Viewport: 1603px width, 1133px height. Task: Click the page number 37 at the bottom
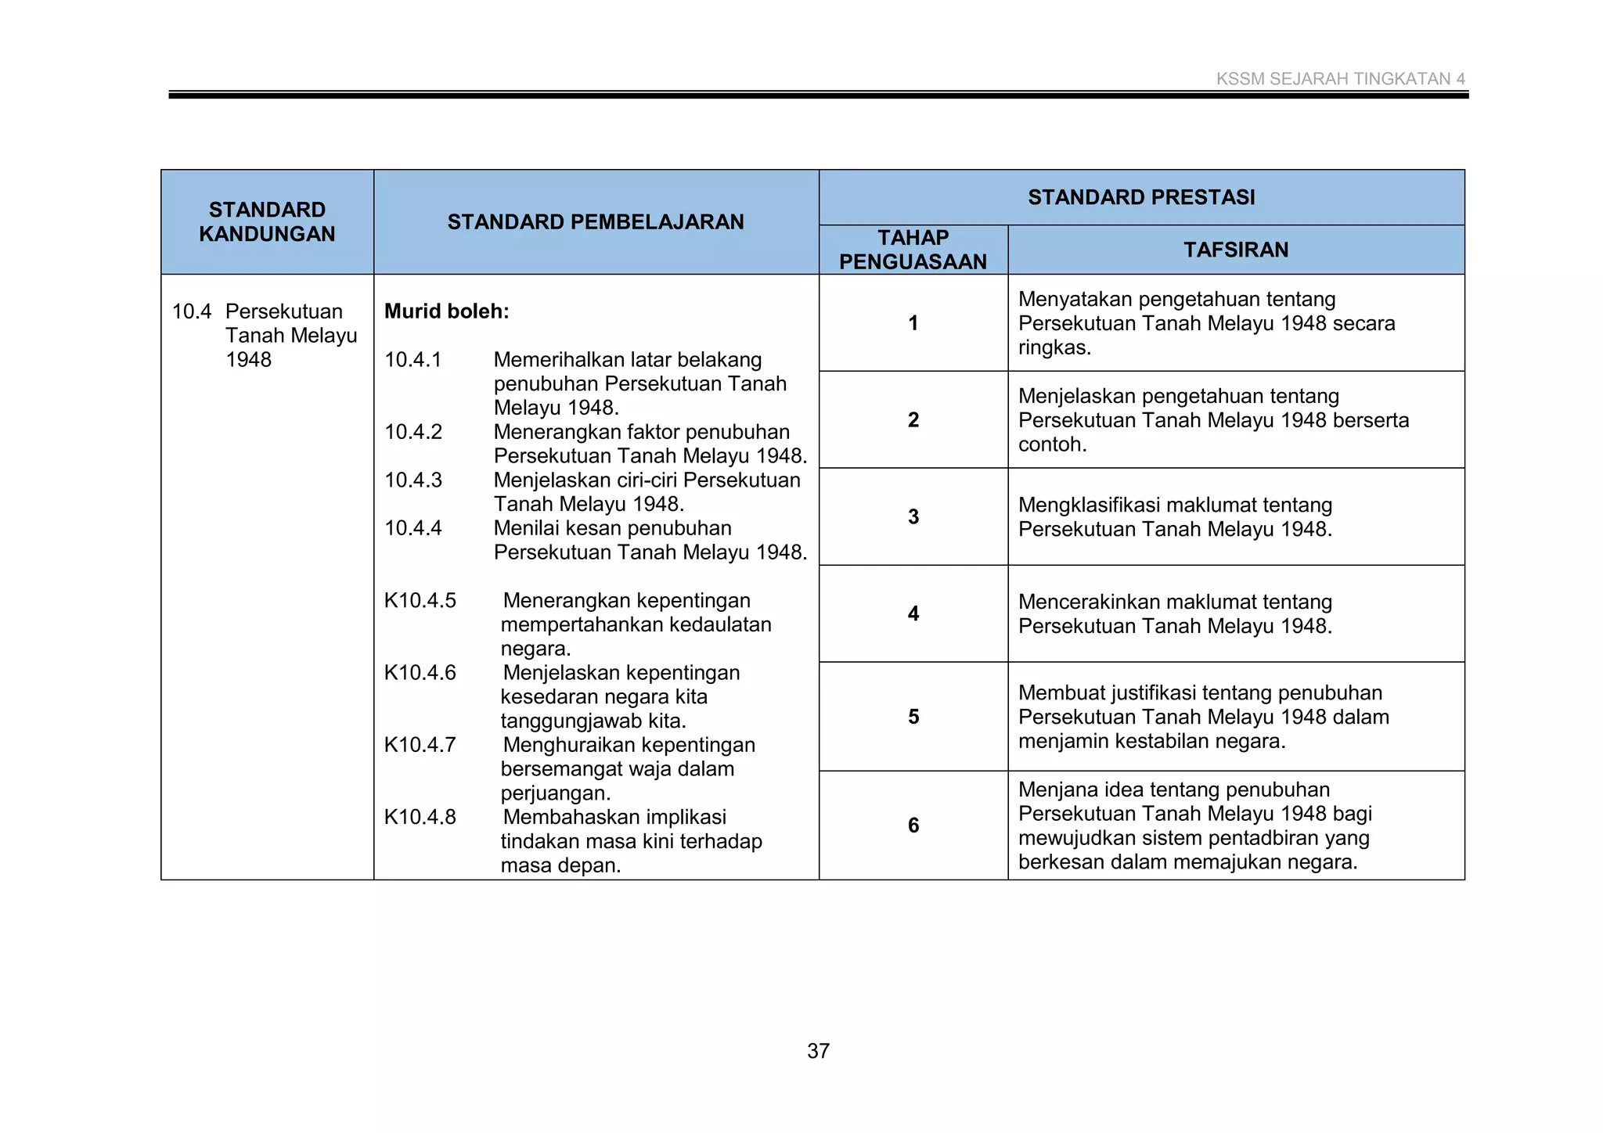click(818, 1051)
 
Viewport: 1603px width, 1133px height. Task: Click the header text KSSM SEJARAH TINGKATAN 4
click(1340, 79)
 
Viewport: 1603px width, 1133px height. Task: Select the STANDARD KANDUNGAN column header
click(267, 221)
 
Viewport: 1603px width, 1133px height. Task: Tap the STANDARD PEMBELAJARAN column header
click(596, 222)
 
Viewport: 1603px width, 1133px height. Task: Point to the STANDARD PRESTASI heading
click(1141, 197)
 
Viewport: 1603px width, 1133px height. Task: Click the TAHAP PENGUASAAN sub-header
click(913, 250)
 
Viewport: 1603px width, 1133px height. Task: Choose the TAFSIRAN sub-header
click(1235, 250)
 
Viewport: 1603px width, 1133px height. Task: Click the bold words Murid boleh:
click(446, 311)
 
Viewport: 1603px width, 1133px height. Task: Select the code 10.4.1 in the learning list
click(412, 360)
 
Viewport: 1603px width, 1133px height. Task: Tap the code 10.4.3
click(412, 480)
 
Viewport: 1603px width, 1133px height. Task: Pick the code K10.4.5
click(420, 601)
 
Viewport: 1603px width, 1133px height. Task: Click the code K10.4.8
click(420, 818)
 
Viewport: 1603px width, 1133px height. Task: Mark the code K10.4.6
click(420, 673)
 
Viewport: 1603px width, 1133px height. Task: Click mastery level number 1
click(913, 323)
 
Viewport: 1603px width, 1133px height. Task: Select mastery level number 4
click(913, 613)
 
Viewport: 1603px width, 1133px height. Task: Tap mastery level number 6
click(913, 825)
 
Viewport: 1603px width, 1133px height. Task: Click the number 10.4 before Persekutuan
click(191, 311)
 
